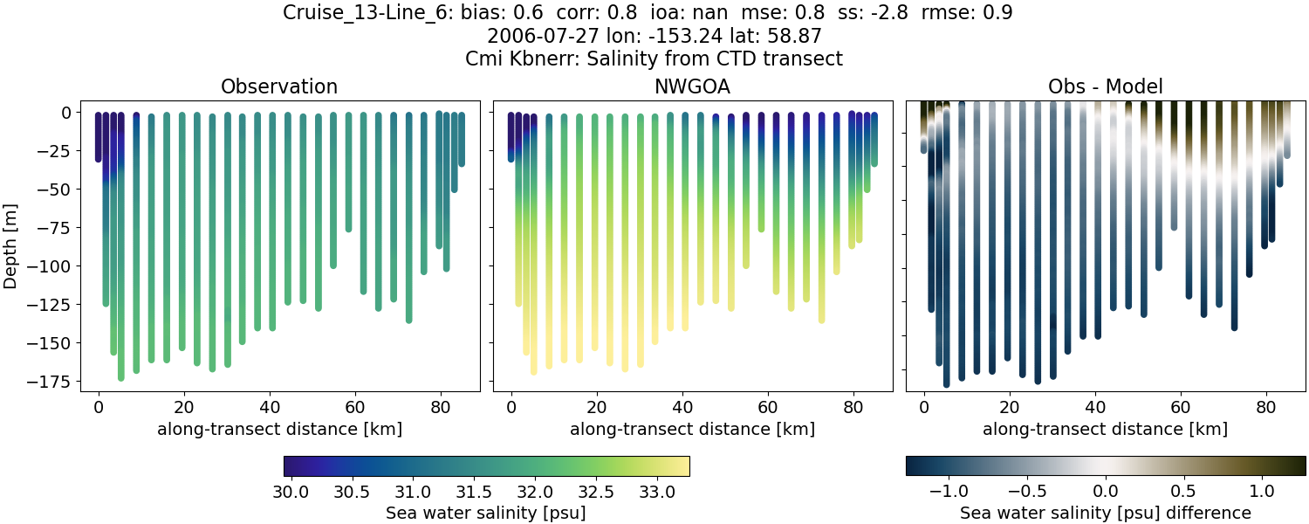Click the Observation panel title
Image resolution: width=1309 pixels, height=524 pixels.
279,86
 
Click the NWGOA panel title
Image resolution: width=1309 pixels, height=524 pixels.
693,86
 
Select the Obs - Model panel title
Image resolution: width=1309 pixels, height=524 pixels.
1105,86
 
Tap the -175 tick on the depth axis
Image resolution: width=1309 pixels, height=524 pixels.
51,382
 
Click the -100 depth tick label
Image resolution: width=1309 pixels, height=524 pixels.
51,266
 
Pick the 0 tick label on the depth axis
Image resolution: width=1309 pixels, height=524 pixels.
65,113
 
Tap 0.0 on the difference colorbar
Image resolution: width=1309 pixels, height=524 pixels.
1106,492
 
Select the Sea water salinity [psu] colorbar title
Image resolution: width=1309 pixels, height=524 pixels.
485,514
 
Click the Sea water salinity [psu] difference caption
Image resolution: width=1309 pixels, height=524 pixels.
1105,514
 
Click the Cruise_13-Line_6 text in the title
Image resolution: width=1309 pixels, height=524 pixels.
360,13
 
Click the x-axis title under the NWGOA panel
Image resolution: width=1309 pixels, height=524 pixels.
692,429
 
